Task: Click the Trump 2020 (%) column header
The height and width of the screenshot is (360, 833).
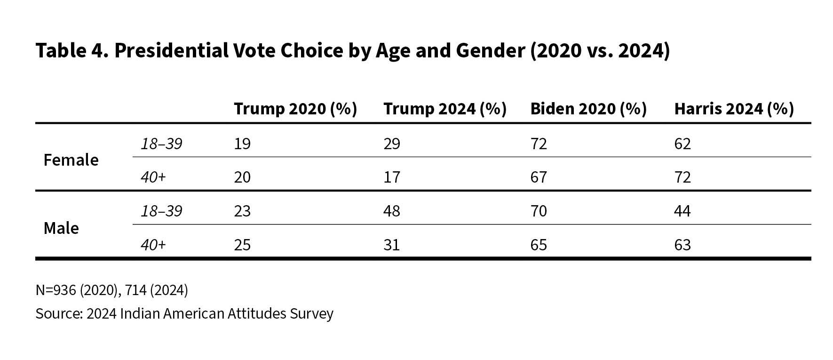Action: pos(295,109)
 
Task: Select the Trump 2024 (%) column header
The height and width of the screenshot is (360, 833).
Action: pos(444,109)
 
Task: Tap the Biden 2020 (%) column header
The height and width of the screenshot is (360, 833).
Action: pos(588,109)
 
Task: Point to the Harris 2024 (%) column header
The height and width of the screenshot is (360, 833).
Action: pos(734,109)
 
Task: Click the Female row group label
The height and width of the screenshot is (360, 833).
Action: pos(71,160)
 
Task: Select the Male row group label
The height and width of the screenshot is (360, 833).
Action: pos(61,228)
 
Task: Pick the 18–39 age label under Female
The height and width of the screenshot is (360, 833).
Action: pos(161,144)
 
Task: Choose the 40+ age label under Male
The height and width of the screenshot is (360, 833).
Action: pos(153,245)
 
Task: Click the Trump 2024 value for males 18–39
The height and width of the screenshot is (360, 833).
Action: pos(391,211)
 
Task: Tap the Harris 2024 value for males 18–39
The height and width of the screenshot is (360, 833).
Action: pos(682,211)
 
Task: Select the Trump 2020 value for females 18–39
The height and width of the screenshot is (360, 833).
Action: pos(242,144)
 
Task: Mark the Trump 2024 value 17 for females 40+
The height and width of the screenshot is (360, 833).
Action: pos(391,177)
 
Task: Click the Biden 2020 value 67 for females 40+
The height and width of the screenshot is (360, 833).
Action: pos(539,177)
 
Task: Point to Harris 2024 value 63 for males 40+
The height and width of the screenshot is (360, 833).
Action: pos(682,245)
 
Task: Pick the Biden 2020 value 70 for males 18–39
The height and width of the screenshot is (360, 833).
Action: pos(539,211)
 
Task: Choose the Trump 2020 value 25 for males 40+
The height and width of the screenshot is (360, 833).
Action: pos(242,245)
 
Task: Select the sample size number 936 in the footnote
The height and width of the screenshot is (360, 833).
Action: pos(64,290)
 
